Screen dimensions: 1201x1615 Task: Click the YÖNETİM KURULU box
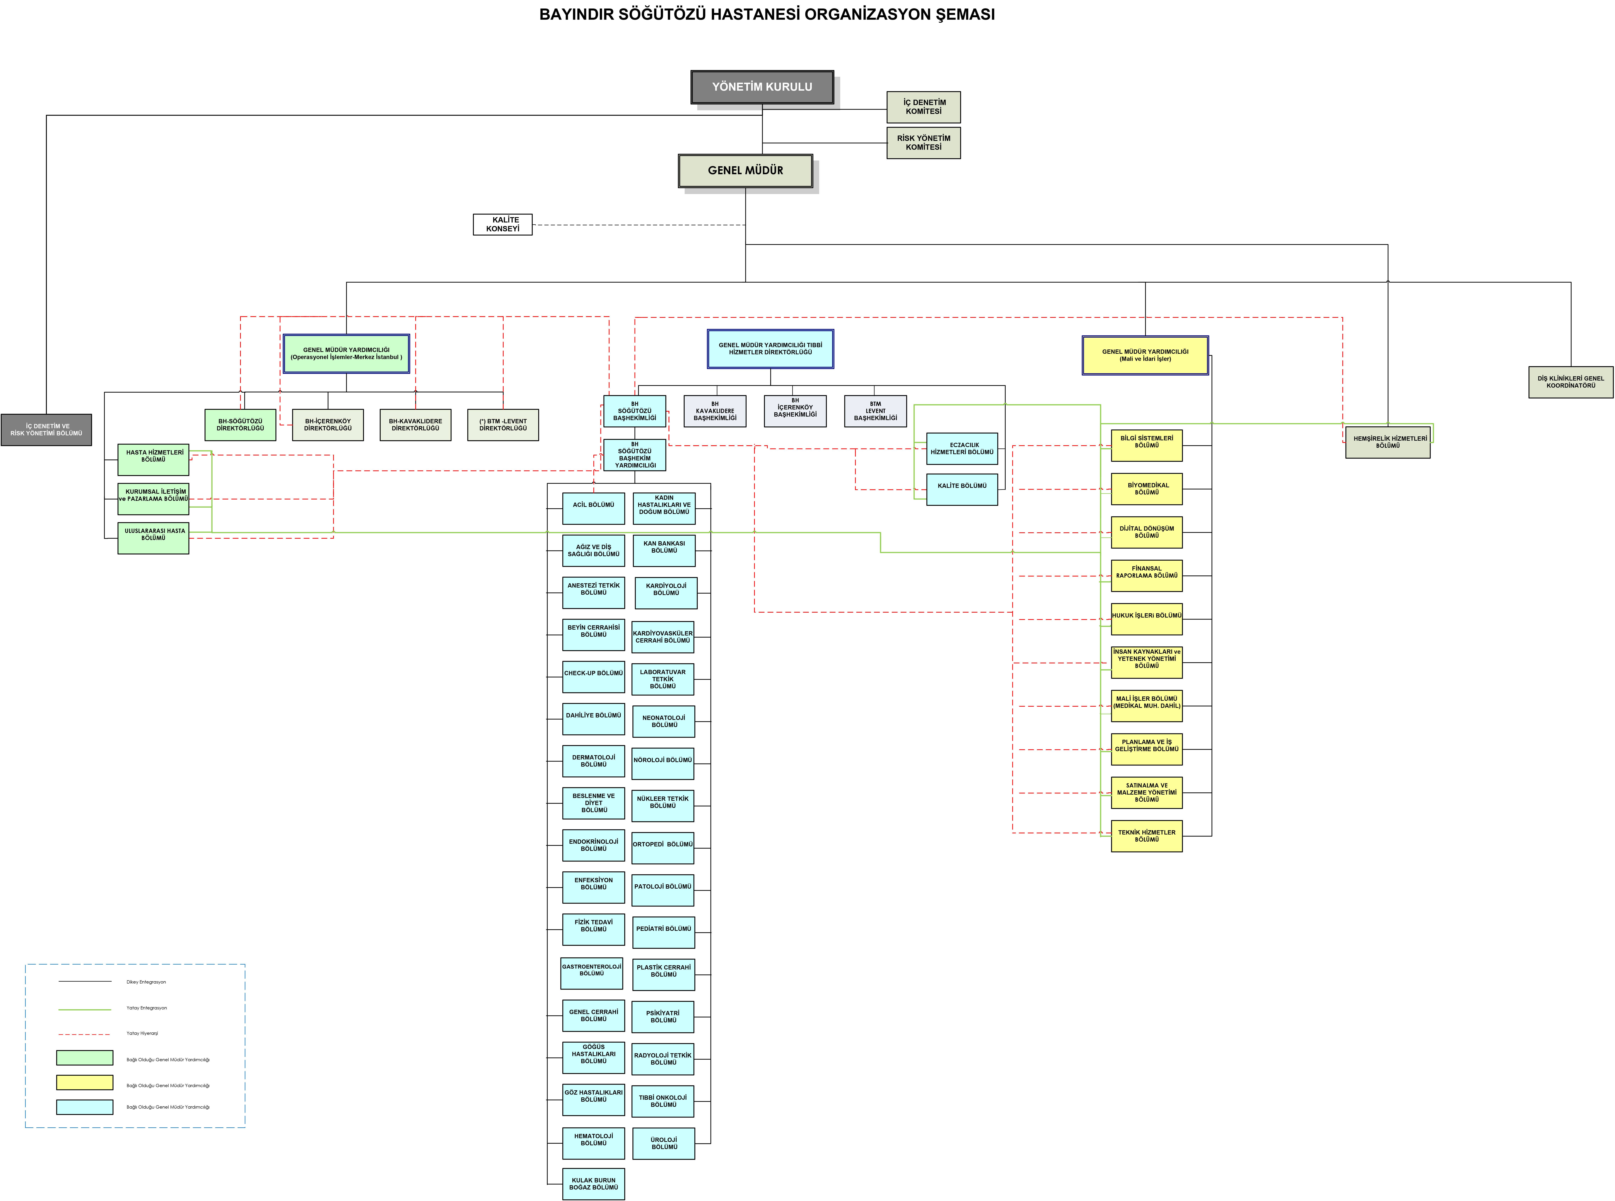pos(762,87)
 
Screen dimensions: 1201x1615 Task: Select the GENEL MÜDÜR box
pos(745,170)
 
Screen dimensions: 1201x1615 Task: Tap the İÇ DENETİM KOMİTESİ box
pos(923,107)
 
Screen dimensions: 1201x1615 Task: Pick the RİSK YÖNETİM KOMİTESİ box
pos(923,142)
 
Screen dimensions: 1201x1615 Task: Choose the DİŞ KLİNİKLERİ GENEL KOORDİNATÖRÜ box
pos(1571,382)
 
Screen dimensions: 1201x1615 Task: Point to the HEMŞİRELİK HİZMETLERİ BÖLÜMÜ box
pos(1387,442)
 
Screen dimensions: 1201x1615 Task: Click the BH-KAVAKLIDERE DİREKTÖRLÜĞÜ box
pos(415,425)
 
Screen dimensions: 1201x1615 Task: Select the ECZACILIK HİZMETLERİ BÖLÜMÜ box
pos(961,449)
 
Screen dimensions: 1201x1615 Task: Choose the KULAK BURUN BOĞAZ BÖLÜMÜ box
pos(593,1184)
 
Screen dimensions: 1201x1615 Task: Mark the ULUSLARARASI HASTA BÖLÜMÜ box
pos(153,538)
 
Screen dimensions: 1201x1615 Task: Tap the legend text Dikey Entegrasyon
pos(146,982)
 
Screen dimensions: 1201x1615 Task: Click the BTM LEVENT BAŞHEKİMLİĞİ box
pos(876,411)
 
